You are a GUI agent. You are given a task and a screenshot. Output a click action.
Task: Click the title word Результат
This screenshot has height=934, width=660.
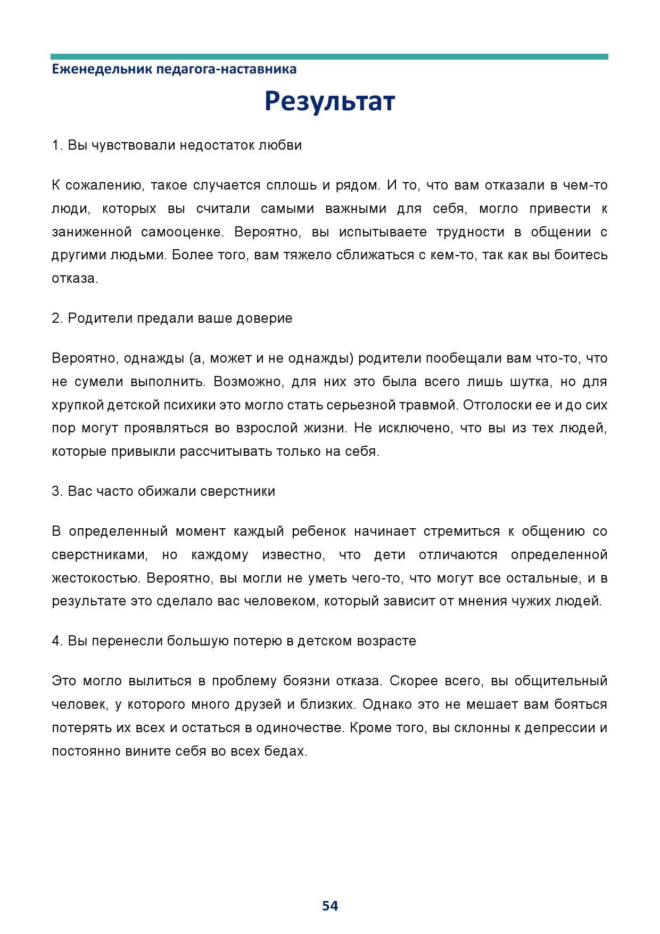coord(329,101)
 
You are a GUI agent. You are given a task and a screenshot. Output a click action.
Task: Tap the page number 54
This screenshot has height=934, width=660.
coord(330,906)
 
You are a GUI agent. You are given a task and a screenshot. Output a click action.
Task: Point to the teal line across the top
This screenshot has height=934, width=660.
coord(329,56)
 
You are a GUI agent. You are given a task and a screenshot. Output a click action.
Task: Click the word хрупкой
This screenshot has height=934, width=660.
coord(77,405)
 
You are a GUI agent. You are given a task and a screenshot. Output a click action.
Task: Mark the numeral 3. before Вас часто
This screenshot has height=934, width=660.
coord(57,491)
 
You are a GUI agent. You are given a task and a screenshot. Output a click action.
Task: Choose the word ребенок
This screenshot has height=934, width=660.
coord(319,531)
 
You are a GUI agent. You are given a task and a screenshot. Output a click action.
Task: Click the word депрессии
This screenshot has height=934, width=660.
coord(560,728)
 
